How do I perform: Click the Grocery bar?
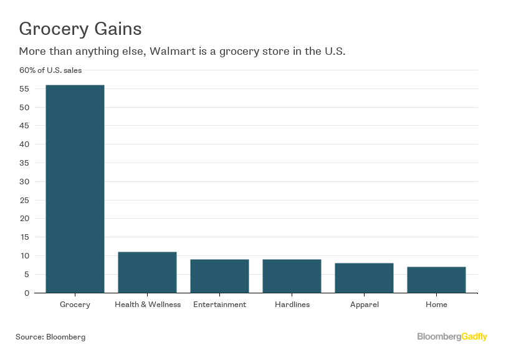click(x=75, y=189)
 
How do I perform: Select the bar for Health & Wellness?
click(x=147, y=272)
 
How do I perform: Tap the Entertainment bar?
click(x=219, y=276)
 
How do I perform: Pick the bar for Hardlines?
click(x=292, y=276)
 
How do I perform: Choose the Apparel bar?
click(x=364, y=278)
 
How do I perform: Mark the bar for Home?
click(x=436, y=280)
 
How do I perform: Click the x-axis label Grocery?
click(x=75, y=305)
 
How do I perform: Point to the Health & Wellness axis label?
click(x=148, y=305)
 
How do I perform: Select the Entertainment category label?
click(x=219, y=305)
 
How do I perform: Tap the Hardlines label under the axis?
click(x=292, y=305)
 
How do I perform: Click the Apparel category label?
click(x=364, y=305)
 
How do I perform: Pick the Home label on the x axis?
click(x=436, y=305)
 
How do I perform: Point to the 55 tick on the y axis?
click(x=24, y=89)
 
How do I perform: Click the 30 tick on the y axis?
click(x=24, y=182)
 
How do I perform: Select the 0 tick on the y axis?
click(x=27, y=293)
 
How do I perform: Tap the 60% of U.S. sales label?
click(x=50, y=70)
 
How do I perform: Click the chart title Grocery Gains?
click(x=80, y=29)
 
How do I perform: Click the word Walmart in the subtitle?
click(x=169, y=51)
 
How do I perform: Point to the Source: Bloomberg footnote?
click(x=50, y=337)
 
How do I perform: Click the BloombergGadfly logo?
click(x=452, y=337)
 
